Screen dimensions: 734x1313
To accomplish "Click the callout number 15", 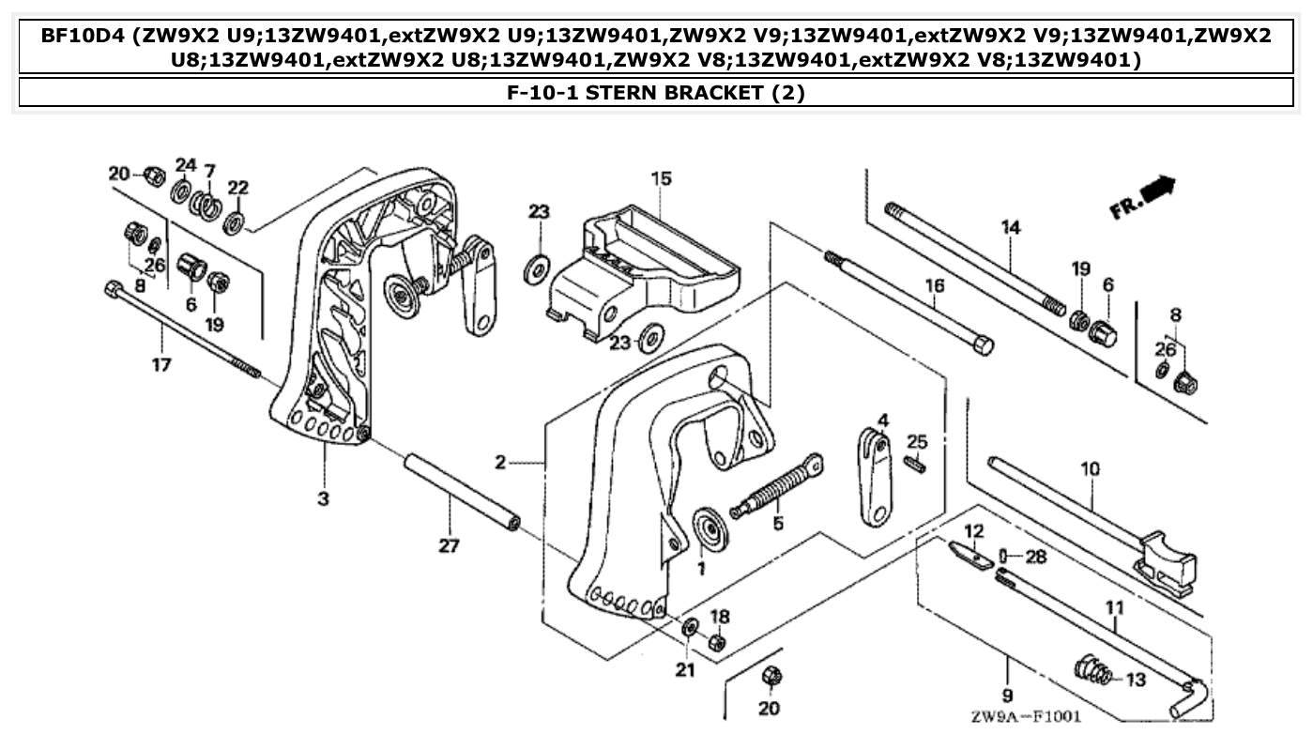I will coord(662,178).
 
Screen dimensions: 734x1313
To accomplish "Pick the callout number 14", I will coord(1010,227).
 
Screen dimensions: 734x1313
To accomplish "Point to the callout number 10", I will coord(1091,467).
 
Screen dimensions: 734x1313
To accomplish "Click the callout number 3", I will coord(323,498).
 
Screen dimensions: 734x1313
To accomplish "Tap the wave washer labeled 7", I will coord(206,203).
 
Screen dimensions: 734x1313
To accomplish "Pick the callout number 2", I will coord(501,462).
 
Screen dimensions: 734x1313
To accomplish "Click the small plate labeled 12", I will coord(970,555).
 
